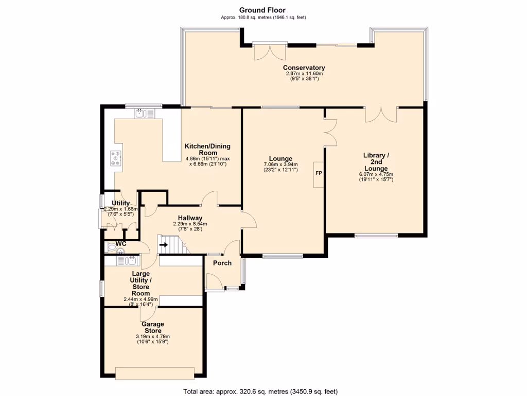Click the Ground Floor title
262,10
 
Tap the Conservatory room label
304,68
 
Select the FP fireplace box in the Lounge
319,175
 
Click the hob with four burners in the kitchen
116,158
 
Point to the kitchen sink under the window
145,114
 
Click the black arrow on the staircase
164,244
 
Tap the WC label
121,243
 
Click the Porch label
222,263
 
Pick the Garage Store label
153,327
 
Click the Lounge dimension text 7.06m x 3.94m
280,164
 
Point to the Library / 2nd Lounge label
376,162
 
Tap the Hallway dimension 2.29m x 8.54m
190,224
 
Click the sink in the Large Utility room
127,260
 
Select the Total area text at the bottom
260,392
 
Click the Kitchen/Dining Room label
207,150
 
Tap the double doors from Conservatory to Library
381,114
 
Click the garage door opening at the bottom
154,373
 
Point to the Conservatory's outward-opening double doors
270,52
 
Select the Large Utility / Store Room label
140,284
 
